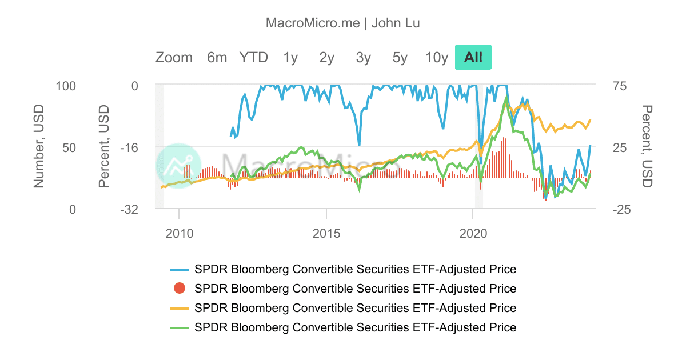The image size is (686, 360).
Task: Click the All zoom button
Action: (473, 57)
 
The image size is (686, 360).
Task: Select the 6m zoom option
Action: (217, 58)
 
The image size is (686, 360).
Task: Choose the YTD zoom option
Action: (254, 58)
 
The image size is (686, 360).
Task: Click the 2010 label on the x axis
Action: (180, 234)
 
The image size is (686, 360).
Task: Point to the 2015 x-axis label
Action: (326, 234)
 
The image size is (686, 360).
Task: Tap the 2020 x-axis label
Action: (473, 234)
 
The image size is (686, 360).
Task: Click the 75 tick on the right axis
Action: (620, 86)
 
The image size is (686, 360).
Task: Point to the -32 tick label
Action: (129, 210)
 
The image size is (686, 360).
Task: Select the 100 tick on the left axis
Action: (66, 86)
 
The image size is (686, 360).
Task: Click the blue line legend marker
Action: (180, 270)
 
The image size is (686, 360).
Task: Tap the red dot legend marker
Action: (180, 289)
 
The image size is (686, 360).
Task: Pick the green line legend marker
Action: (180, 328)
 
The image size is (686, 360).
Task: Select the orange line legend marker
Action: (180, 308)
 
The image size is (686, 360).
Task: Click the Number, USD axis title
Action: (39, 146)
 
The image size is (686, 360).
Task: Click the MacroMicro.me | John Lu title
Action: (342, 23)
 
